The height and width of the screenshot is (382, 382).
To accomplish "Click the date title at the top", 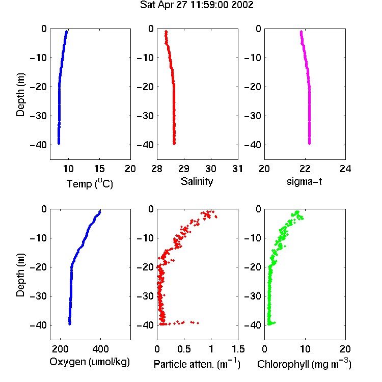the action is (x=197, y=5).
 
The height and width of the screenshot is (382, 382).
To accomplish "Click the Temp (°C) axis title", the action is (x=90, y=183).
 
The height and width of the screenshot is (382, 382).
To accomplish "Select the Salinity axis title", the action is (x=197, y=181).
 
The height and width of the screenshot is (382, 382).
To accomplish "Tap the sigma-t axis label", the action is (x=304, y=181).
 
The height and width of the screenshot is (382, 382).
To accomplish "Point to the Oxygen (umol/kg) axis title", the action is (x=90, y=362).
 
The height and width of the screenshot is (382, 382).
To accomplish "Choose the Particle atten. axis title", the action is (x=197, y=364).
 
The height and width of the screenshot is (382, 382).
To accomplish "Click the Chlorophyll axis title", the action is (x=304, y=364).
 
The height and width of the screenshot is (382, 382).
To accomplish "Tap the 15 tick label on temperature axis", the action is (x=99, y=169).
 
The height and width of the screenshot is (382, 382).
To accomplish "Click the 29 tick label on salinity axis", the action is (x=184, y=169).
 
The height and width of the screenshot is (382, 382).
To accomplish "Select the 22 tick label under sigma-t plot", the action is (x=305, y=169).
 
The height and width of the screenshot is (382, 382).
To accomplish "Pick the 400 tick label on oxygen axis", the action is (x=100, y=349).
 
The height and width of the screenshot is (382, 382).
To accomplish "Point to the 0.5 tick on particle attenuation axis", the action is (x=184, y=349).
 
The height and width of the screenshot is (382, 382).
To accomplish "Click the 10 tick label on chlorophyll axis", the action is (x=305, y=349).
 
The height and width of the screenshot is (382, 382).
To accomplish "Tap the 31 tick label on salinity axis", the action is (x=237, y=169).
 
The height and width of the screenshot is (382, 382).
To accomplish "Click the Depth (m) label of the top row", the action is (x=20, y=95).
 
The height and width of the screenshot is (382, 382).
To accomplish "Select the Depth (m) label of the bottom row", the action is (x=20, y=275).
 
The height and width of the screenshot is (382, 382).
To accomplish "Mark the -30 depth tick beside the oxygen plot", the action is (x=38, y=296).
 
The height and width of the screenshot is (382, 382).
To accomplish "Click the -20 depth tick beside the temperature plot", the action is (x=38, y=87).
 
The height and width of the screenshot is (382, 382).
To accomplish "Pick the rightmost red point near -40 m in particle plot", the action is (x=198, y=323).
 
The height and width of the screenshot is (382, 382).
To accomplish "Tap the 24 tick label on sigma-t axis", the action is (x=345, y=169).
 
